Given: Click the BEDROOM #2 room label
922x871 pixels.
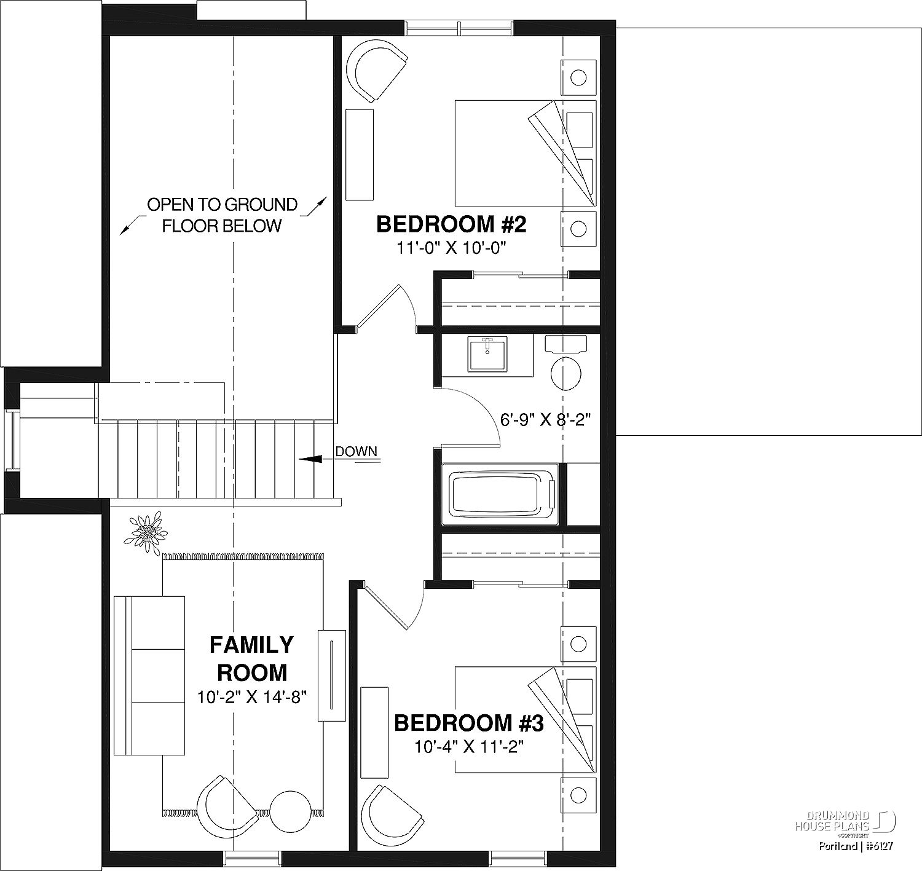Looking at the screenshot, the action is (x=451, y=224).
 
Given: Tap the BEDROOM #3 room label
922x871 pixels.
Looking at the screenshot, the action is (x=468, y=723).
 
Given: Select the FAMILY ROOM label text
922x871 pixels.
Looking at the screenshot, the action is (x=251, y=658).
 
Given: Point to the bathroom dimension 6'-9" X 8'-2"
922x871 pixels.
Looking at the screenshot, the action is (x=545, y=420).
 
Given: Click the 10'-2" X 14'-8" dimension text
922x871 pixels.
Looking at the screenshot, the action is (x=252, y=697).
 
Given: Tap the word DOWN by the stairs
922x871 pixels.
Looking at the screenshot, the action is (x=356, y=451).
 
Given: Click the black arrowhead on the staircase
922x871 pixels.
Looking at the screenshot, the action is (x=310, y=459).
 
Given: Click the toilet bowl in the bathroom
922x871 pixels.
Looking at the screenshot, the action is (x=566, y=374).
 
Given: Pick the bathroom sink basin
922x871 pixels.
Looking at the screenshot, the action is (x=487, y=354).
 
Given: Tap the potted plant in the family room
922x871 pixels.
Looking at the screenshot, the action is (x=146, y=532).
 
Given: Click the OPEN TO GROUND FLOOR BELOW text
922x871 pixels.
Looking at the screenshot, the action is (x=222, y=215).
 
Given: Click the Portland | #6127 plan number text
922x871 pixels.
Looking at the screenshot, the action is (x=856, y=846).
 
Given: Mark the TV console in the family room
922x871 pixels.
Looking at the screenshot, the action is (x=331, y=676).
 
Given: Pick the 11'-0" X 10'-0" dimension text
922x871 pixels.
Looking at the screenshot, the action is (x=451, y=248).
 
